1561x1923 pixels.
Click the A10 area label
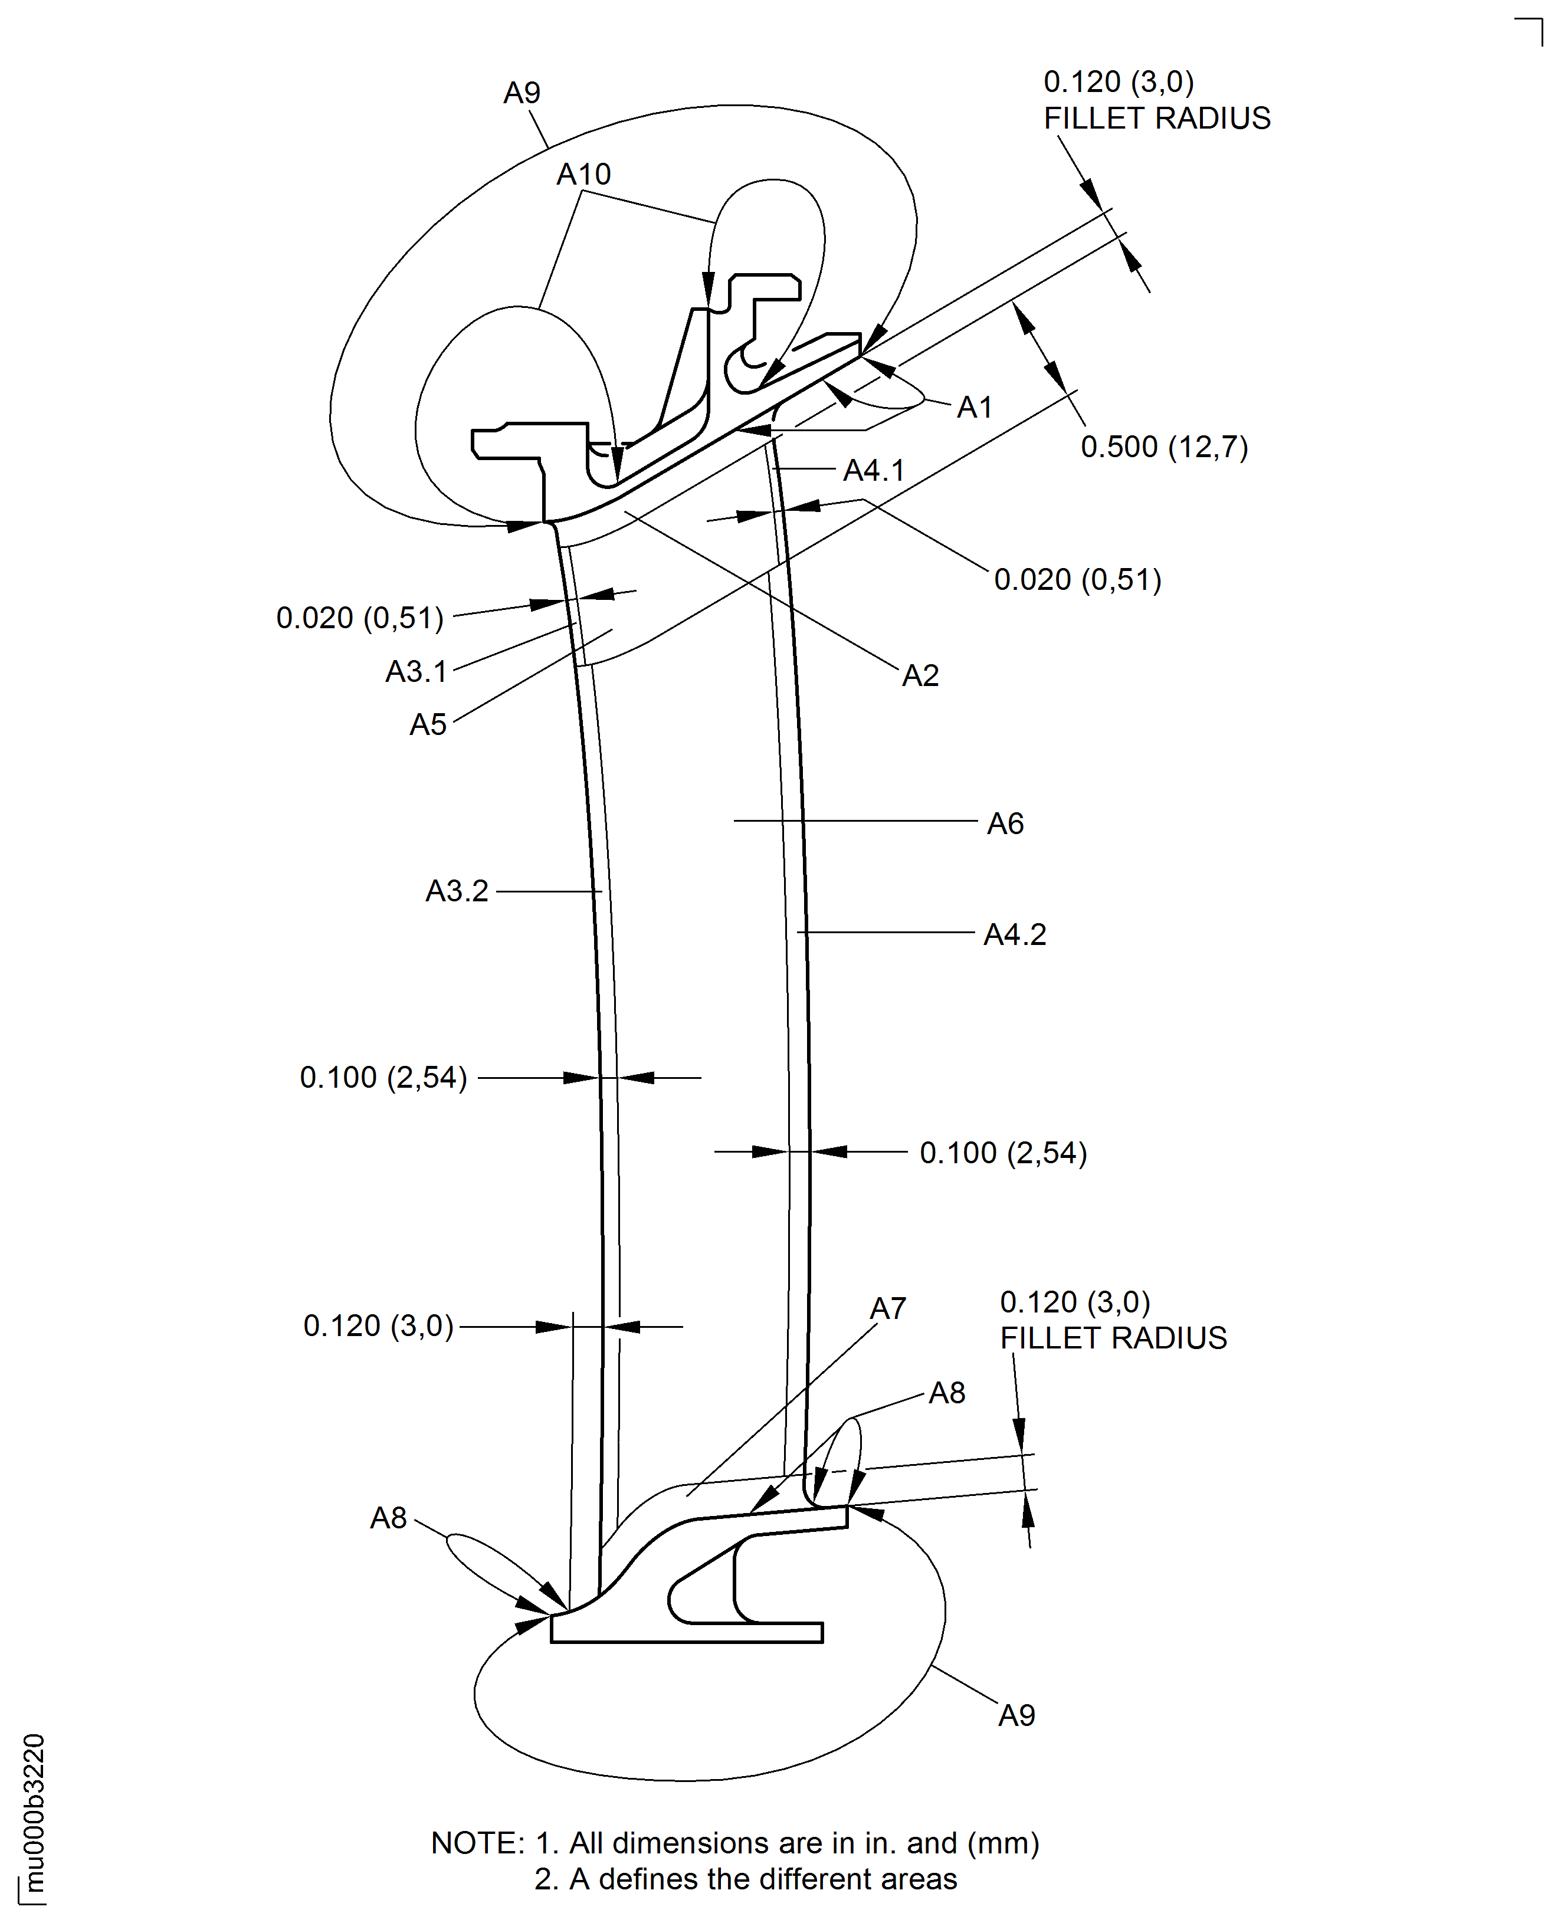tap(583, 175)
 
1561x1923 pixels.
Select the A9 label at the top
tap(522, 93)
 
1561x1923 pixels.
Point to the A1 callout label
tap(974, 407)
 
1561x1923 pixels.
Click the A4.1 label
tap(873, 470)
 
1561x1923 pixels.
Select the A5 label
tap(428, 724)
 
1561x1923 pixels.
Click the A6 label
tap(1005, 823)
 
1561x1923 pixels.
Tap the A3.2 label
tap(457, 891)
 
